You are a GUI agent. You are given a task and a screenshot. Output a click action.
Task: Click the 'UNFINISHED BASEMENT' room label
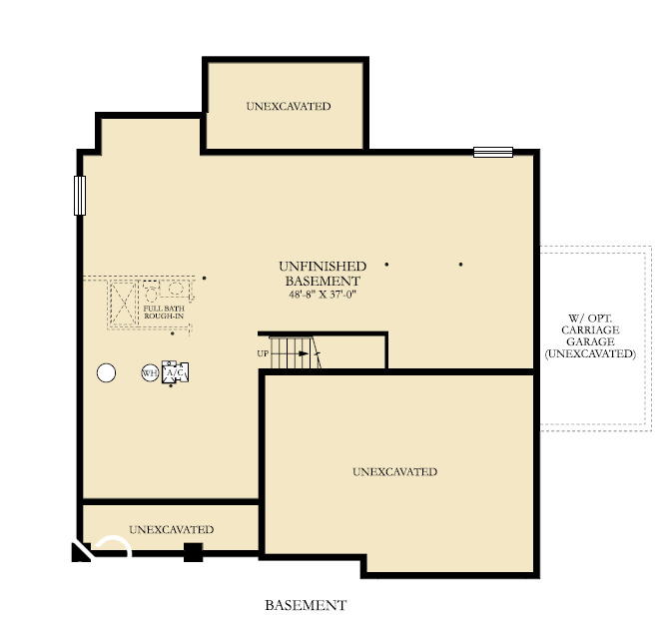[x=322, y=274]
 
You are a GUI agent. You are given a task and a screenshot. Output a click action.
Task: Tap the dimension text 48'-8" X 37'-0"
[x=322, y=296]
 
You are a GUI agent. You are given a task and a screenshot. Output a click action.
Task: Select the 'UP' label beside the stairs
[x=263, y=353]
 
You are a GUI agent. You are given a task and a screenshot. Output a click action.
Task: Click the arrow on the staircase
[x=315, y=352]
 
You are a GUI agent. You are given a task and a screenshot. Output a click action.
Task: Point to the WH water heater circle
[x=149, y=373]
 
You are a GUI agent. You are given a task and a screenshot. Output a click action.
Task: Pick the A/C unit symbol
[x=176, y=373]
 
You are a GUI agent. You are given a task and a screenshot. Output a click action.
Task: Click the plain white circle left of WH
[x=106, y=373]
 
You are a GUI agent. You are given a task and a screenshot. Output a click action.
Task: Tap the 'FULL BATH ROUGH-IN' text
[x=165, y=312]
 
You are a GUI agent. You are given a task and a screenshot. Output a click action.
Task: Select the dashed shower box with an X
[x=123, y=302]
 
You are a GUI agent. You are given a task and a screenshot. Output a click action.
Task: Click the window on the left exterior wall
[x=79, y=195]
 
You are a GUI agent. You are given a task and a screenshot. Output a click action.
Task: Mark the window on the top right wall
[x=492, y=153]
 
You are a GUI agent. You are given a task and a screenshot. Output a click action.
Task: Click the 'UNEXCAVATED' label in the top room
[x=288, y=106]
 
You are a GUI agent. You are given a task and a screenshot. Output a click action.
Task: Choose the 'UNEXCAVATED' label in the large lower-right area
[x=394, y=471]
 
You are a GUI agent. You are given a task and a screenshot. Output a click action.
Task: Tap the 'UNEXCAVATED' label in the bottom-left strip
[x=171, y=529]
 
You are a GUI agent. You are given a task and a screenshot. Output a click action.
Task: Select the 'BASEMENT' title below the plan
[x=306, y=605]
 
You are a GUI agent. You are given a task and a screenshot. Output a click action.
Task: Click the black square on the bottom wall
[x=193, y=552]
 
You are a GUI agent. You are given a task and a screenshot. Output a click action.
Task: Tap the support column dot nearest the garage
[x=460, y=265]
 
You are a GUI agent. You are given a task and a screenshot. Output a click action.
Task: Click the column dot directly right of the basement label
[x=386, y=265]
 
